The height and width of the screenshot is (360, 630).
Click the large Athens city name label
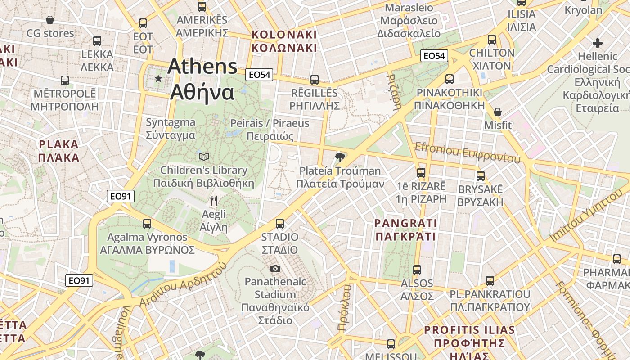tap(202, 80)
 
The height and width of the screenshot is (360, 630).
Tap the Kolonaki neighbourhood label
tap(284, 41)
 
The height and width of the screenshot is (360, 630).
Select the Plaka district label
tap(58, 151)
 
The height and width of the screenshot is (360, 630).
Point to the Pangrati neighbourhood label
tap(405, 229)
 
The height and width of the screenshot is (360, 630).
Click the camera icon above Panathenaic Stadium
tap(275, 269)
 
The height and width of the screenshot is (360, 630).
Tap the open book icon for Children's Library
tap(204, 157)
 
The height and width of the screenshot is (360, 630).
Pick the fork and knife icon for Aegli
tap(214, 201)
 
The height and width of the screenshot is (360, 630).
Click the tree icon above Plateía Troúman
tap(340, 157)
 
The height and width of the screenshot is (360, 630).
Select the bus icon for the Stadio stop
tap(280, 223)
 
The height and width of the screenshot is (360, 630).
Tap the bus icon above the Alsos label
tap(417, 270)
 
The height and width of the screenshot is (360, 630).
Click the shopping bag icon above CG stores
tap(50, 20)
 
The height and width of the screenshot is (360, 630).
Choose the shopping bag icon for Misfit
tap(498, 112)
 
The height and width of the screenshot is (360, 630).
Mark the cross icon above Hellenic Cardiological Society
tap(598, 43)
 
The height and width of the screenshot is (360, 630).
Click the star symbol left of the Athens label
tap(158, 79)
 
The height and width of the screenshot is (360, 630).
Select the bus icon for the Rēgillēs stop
tap(315, 80)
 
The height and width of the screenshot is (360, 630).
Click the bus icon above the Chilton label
tap(492, 40)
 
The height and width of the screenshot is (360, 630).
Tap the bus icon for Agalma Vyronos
tap(147, 223)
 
